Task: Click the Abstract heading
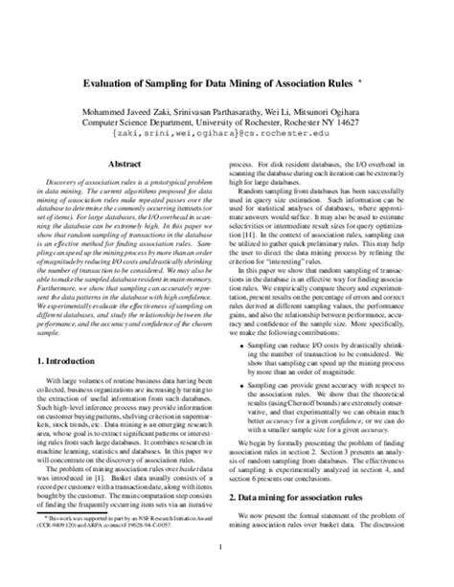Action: coord(126,164)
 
